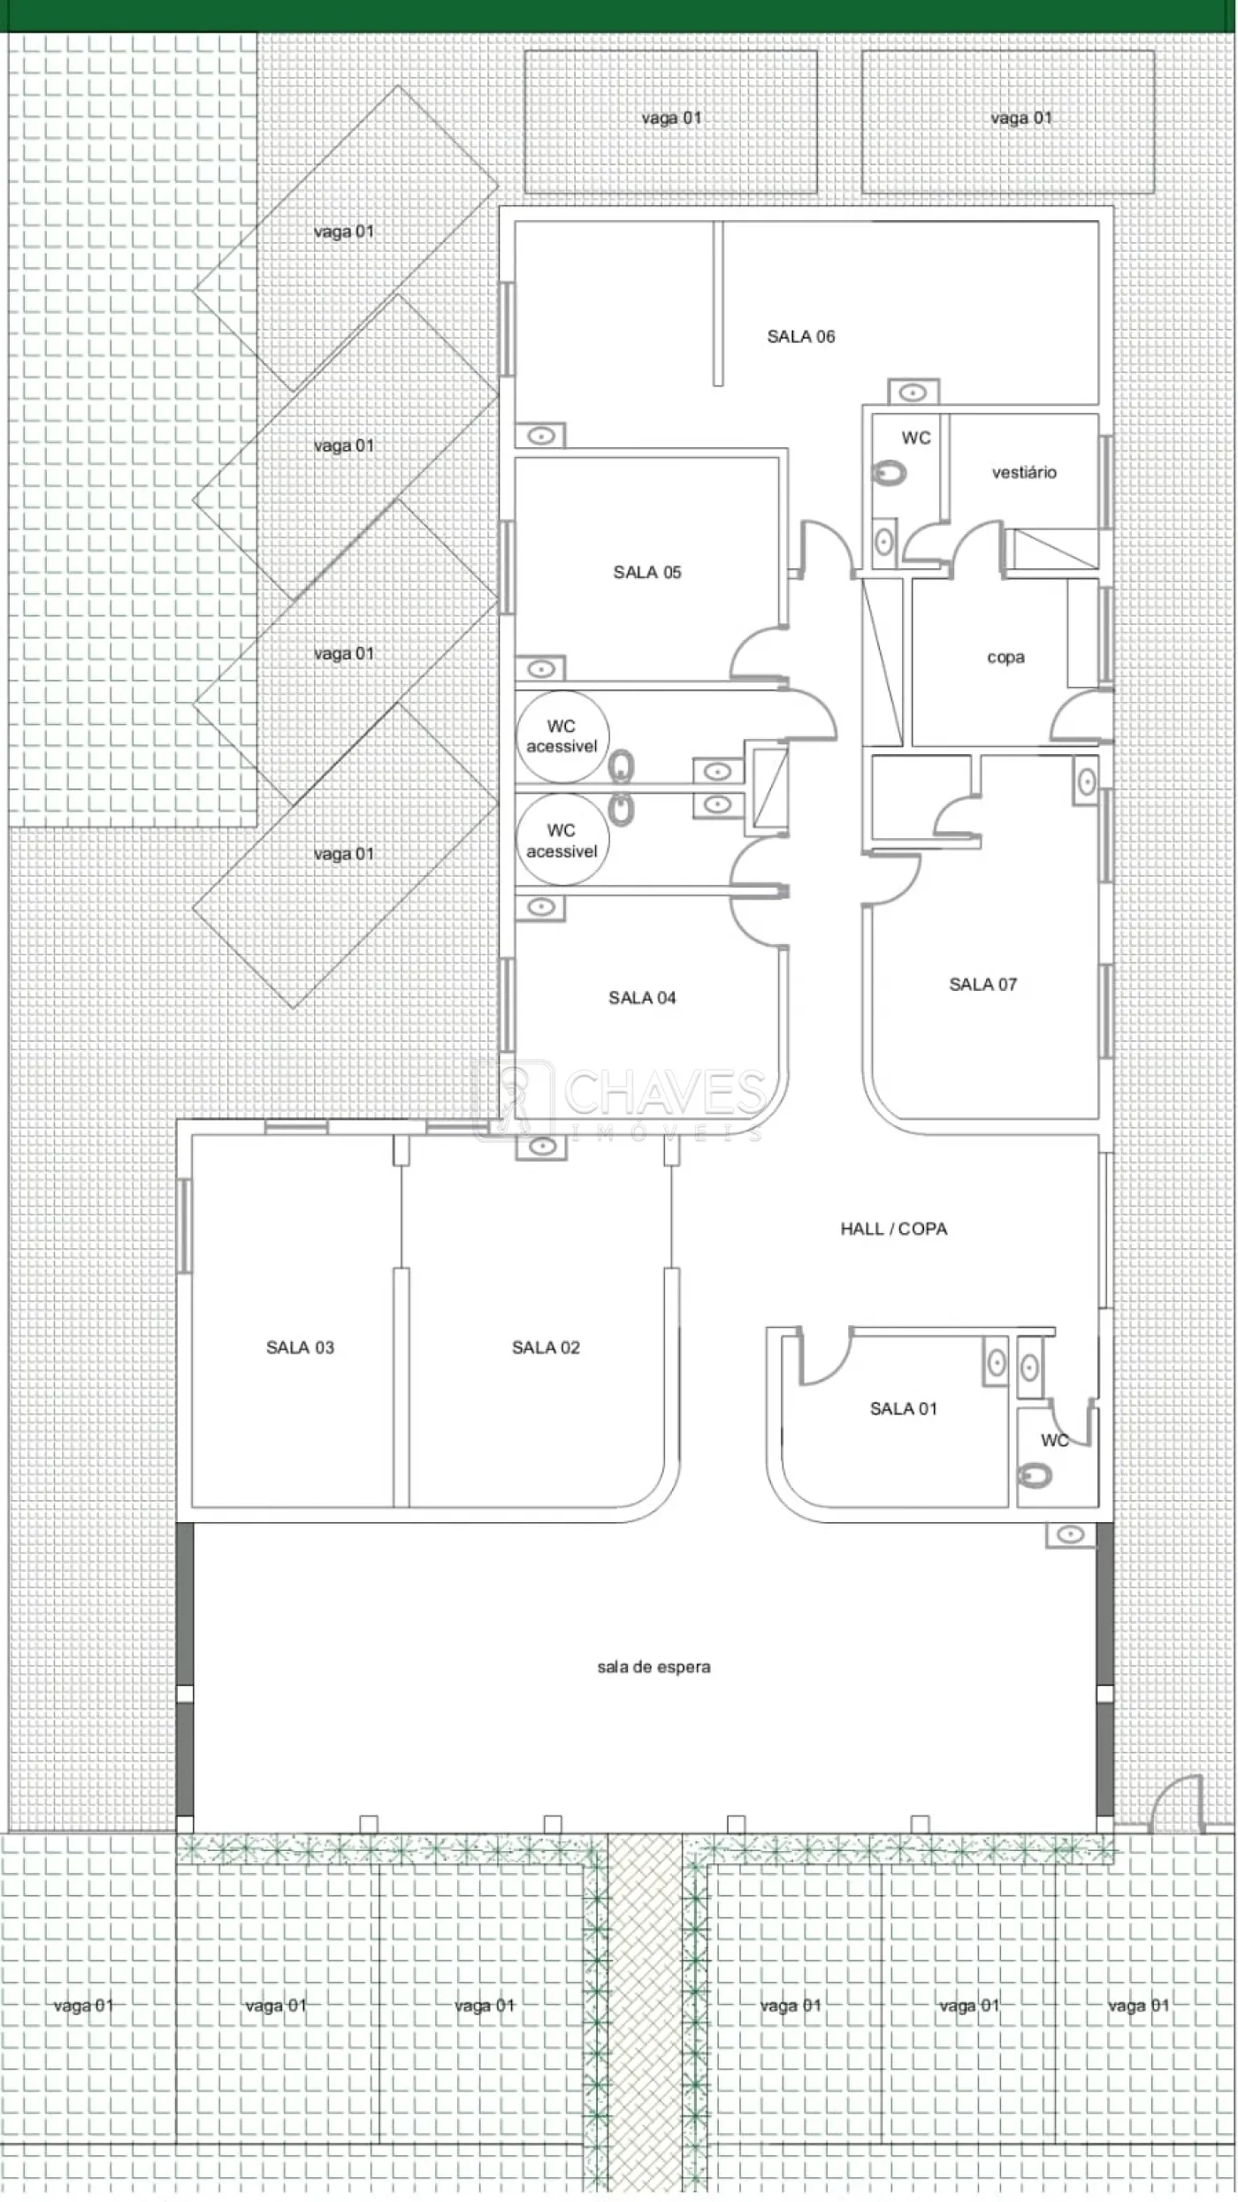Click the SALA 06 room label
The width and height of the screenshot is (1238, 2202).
click(x=800, y=336)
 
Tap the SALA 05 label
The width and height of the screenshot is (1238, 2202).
click(x=647, y=572)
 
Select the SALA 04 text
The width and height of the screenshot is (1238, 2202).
click(x=642, y=997)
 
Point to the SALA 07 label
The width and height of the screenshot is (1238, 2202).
click(x=982, y=984)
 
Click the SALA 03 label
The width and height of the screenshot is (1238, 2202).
click(x=300, y=1347)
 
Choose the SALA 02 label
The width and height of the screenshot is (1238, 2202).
click(x=546, y=1347)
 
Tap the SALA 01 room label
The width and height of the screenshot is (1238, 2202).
click(x=903, y=1408)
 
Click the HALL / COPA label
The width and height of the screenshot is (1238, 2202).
click(x=893, y=1228)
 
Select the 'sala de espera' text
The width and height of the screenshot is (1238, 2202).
click(x=653, y=1666)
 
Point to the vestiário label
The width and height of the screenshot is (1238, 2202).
click(x=1024, y=472)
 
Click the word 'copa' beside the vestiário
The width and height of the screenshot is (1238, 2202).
click(x=1005, y=658)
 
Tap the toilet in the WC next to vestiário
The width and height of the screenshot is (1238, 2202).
click(x=890, y=474)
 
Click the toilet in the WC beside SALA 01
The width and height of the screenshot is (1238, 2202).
click(x=1035, y=1475)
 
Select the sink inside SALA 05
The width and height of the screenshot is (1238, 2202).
click(x=540, y=667)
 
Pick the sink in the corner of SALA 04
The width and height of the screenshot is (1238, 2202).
click(x=540, y=906)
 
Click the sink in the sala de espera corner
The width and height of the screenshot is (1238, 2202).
click(x=1070, y=1534)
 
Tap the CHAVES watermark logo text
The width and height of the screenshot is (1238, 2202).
click(x=663, y=1093)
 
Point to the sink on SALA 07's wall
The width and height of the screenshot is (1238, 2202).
click(x=1087, y=781)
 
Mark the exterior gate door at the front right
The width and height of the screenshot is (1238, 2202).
click(x=1177, y=1803)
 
